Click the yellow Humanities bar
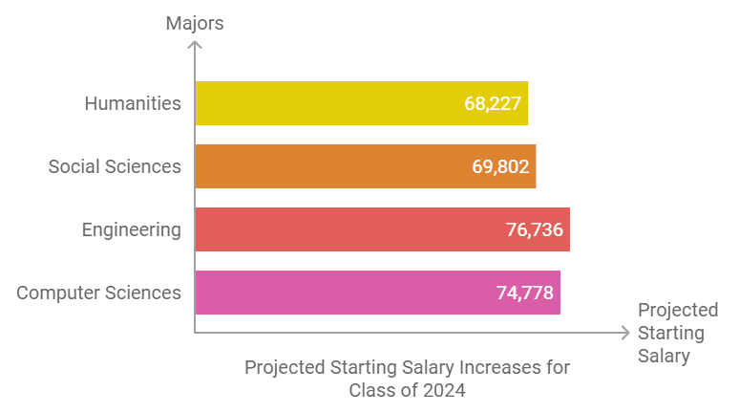[x=361, y=103]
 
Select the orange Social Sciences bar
[x=365, y=166]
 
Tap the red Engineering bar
[x=382, y=229]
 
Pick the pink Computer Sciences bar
[x=377, y=293]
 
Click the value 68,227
[x=493, y=103]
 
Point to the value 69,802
[x=500, y=166]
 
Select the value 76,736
[x=534, y=229]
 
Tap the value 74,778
[x=524, y=293]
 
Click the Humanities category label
[x=133, y=103]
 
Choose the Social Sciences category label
[x=115, y=166]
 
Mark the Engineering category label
[x=131, y=229]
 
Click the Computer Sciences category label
[x=98, y=293]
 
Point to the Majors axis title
[x=194, y=23]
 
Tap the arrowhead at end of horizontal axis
[x=625, y=333]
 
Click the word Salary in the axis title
[x=664, y=356]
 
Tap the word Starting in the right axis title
[x=671, y=333]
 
